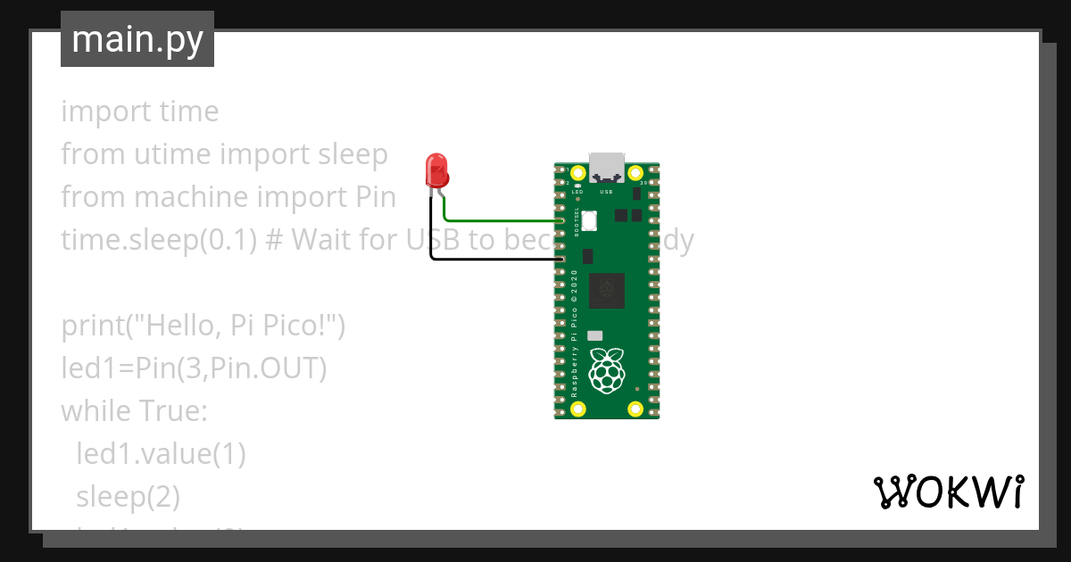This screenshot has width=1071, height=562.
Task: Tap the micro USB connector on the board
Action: pyautogui.click(x=607, y=168)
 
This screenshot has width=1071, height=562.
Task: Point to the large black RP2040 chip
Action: pyautogui.click(x=607, y=290)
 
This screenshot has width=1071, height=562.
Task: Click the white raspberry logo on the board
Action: pyautogui.click(x=608, y=372)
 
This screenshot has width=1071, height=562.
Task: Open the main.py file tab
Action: pyautogui.click(x=137, y=39)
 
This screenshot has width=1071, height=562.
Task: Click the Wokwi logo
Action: pyautogui.click(x=947, y=492)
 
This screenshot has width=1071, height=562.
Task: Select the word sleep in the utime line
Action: pyautogui.click(x=353, y=154)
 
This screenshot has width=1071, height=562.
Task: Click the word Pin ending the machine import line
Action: pyautogui.click(x=376, y=197)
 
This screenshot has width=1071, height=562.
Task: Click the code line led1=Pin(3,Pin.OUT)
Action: pyautogui.click(x=193, y=368)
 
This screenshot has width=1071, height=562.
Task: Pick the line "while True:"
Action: pyautogui.click(x=134, y=411)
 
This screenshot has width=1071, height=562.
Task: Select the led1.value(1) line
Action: pyautogui.click(x=161, y=453)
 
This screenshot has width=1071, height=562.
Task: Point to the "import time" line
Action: pyautogui.click(x=139, y=112)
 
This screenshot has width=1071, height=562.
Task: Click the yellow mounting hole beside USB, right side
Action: pyautogui.click(x=635, y=173)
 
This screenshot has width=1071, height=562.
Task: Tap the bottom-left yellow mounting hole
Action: pyautogui.click(x=578, y=409)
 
